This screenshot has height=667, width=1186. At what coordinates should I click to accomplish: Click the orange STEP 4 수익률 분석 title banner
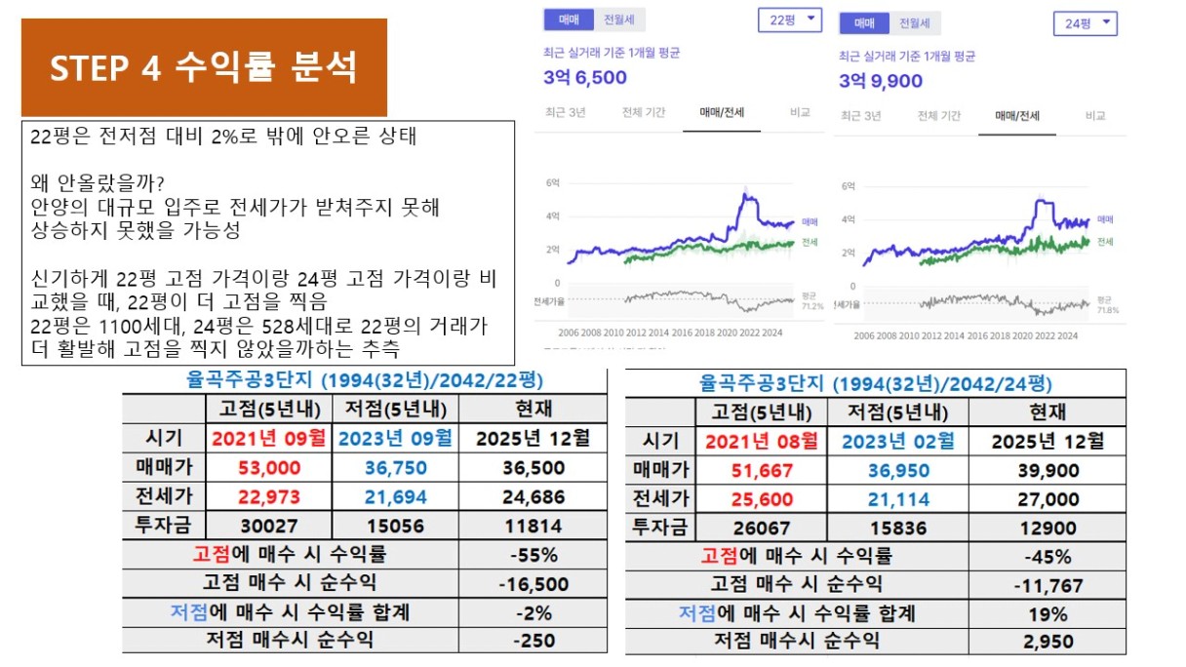coord(204,67)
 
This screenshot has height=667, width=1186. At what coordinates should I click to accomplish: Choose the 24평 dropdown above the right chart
coord(1085,23)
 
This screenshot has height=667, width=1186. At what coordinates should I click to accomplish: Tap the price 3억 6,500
coord(585,78)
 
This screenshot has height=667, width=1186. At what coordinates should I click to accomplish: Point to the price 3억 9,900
coord(881,81)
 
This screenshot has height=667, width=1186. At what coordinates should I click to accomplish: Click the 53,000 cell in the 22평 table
coord(268,468)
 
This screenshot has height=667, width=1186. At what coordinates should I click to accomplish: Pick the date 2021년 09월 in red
coord(268,439)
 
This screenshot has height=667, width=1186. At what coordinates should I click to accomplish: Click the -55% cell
coord(533,556)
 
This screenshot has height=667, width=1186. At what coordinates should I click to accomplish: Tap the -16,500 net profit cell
coord(533,584)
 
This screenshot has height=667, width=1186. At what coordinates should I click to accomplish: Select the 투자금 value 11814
coord(533,527)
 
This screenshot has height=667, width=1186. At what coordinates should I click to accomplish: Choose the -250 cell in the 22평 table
coord(533,641)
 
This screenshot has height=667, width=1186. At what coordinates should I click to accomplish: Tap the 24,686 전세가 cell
coord(533,497)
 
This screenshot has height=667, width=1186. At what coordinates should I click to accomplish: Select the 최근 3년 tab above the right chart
coord(860,116)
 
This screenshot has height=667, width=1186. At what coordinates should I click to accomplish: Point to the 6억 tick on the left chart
coord(552,182)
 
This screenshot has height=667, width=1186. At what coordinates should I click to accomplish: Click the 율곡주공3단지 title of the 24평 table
coord(875,383)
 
